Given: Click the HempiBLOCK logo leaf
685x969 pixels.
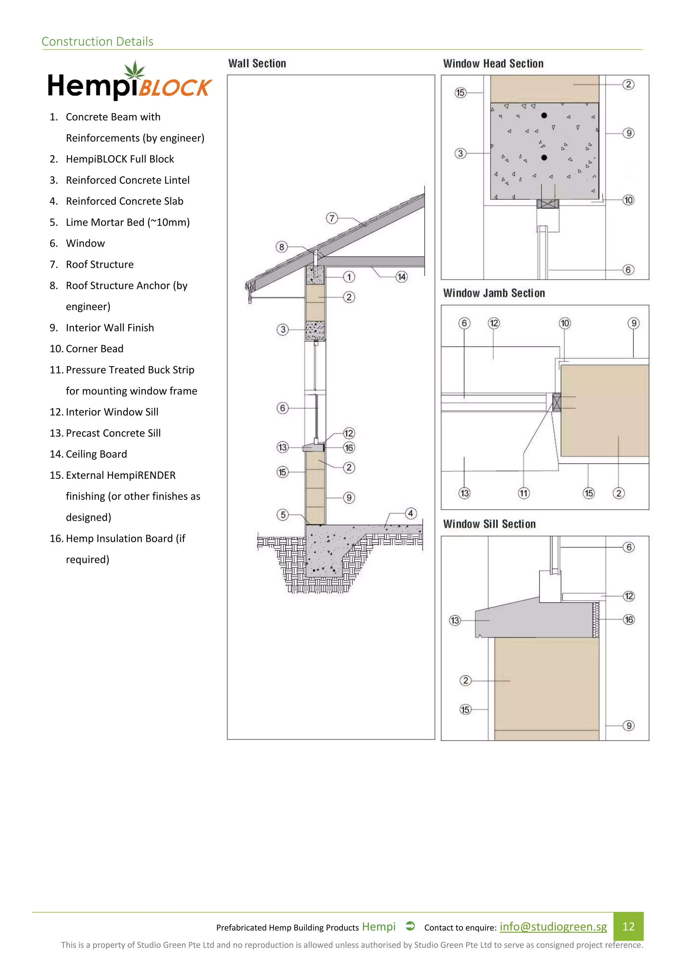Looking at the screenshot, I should point(134,70).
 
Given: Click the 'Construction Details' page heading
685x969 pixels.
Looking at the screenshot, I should point(97,41).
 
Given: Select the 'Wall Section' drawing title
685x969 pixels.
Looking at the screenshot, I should point(257,63).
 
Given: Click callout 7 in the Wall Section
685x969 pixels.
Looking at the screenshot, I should point(332,218).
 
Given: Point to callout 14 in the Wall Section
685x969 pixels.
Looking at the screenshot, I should point(401,277).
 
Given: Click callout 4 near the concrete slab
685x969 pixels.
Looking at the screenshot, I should point(410,514).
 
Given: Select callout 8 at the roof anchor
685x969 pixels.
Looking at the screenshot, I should point(281,247).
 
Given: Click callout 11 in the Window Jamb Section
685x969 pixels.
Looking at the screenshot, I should point(523,493).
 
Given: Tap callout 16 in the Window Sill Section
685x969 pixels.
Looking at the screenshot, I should point(628,620).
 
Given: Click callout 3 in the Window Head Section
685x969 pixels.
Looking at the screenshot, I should point(460,153).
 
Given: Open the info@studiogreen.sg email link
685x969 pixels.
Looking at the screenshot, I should point(553,927).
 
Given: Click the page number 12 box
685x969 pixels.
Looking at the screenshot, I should point(628,927).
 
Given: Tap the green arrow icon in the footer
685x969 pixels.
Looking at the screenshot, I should point(410,926).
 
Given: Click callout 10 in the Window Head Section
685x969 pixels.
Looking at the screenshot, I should point(628,200).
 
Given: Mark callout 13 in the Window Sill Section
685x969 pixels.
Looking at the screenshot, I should point(454,620).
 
